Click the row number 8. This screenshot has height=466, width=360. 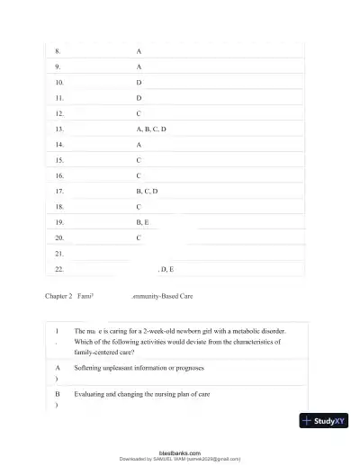coord(58,51)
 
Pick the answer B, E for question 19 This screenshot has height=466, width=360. coord(142,222)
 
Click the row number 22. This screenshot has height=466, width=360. coord(59,269)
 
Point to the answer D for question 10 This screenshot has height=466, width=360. coord(139,82)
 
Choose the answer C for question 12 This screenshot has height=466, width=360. coord(139,113)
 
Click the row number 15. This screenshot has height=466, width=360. coord(59,160)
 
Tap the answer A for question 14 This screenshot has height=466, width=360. coord(139,144)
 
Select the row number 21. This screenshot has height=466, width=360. coord(59,254)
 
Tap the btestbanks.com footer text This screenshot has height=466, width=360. coord(179,453)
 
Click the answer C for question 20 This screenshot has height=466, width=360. coord(139,237)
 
